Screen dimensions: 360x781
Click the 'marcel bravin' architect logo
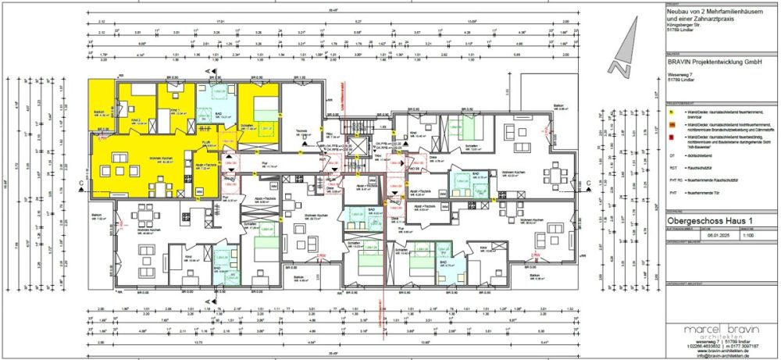[715, 330]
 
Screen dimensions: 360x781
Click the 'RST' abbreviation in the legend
[672, 168]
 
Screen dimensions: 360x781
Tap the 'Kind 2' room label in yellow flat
[134, 119]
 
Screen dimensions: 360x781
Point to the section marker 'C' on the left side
[81, 184]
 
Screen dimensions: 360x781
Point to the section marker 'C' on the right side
[585, 184]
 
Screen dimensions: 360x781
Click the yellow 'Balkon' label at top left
[100, 112]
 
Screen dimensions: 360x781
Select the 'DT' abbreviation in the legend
[672, 156]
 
